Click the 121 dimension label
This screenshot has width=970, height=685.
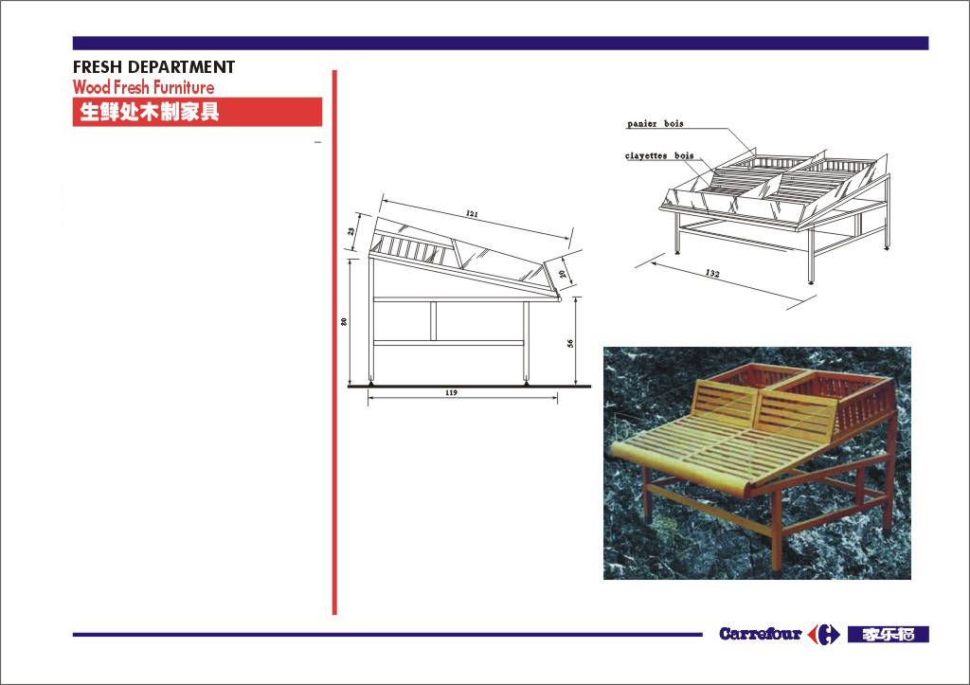pyautogui.click(x=472, y=214)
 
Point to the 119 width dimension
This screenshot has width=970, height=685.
pyautogui.click(x=451, y=393)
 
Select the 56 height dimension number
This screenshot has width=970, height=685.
pyautogui.click(x=570, y=343)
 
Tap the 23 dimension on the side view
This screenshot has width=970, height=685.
pyautogui.click(x=351, y=231)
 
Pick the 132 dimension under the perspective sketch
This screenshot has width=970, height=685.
pyautogui.click(x=712, y=273)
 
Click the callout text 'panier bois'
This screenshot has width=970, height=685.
pyautogui.click(x=656, y=124)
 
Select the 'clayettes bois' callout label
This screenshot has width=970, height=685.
pyautogui.click(x=659, y=156)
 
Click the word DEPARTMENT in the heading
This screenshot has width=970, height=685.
pyautogui.click(x=181, y=67)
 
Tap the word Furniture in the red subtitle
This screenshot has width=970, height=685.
pyautogui.click(x=184, y=87)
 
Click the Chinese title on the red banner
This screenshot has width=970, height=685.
pyautogui.click(x=149, y=112)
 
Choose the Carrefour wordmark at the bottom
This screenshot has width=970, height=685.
pyautogui.click(x=761, y=634)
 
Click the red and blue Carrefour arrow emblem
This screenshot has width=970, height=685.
pyautogui.click(x=824, y=634)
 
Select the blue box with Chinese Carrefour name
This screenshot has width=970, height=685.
pyautogui.click(x=888, y=634)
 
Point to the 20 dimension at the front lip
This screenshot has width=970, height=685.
pyautogui.click(x=563, y=274)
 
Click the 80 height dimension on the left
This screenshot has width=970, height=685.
pyautogui.click(x=344, y=322)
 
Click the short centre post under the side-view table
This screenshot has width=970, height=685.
pyautogui.click(x=433, y=321)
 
